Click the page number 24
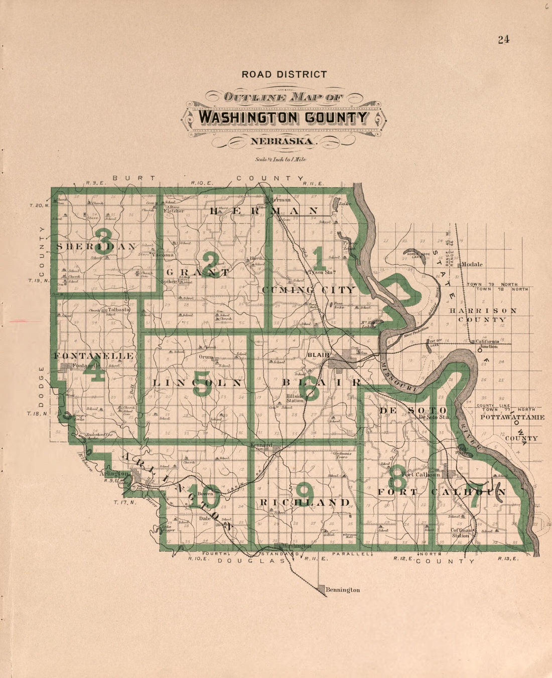point(503,40)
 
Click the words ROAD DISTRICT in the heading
point(284,74)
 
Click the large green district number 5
point(202,384)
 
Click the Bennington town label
point(343,590)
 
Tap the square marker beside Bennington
point(322,590)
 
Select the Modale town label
point(472,264)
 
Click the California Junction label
point(487,344)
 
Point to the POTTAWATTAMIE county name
point(512,417)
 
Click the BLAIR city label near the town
point(318,355)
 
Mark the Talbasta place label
point(119,310)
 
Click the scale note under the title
point(281,160)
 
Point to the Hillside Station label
point(295,398)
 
